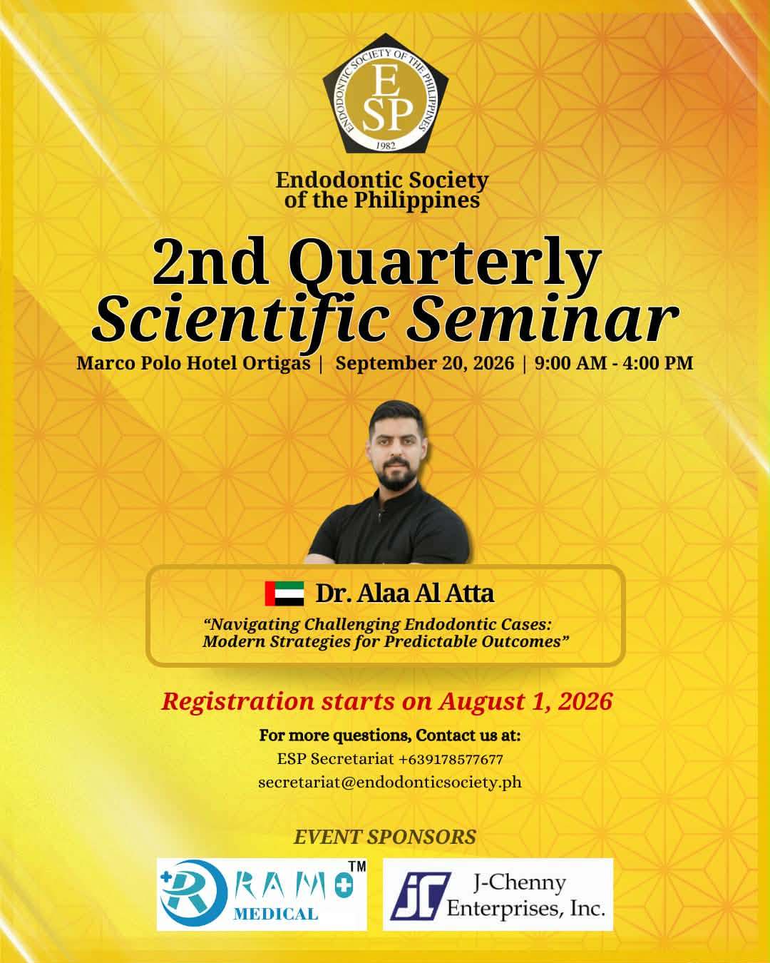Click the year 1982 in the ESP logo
[385, 146]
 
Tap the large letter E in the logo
[386, 81]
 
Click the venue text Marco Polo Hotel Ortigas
[193, 363]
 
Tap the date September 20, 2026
[425, 363]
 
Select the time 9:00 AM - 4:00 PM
[614, 363]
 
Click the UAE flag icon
[284, 593]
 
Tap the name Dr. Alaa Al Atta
[405, 593]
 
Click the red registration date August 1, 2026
[525, 701]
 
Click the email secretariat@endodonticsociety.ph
[390, 783]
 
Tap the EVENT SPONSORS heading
[385, 837]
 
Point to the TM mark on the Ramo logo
[357, 867]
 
